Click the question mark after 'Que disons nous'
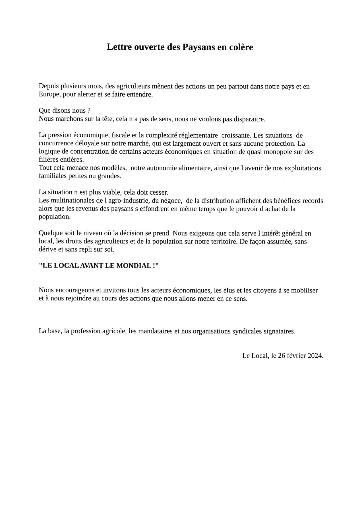tap(89, 111)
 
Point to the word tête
tap(108, 119)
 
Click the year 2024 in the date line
tap(315, 356)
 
